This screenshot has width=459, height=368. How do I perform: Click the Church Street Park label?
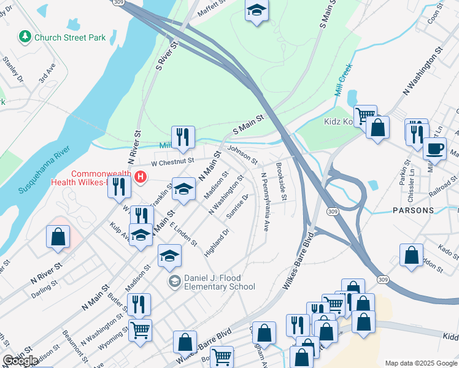pyautogui.click(x=69, y=37)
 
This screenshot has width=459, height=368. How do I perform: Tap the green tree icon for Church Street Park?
pyautogui.click(x=25, y=37)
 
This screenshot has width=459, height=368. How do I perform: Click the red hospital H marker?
pyautogui.click(x=141, y=178)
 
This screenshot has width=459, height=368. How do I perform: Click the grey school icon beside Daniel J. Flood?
pyautogui.click(x=175, y=281)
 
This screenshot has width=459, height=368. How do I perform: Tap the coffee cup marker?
pyautogui.click(x=436, y=148)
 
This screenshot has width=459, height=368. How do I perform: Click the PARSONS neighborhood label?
pyautogui.click(x=412, y=210)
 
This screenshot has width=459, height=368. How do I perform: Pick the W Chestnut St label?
pyautogui.click(x=172, y=162)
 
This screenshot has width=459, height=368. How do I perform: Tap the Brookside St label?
pyautogui.click(x=282, y=181)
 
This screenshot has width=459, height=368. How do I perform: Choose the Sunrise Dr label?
pyautogui.click(x=237, y=207)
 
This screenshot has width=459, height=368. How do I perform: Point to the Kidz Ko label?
pyautogui.click(x=337, y=121)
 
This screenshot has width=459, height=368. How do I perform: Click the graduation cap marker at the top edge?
pyautogui.click(x=256, y=10)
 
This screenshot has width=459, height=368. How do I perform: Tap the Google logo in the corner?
pyautogui.click(x=20, y=361)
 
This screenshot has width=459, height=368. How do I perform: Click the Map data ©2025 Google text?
pyautogui.click(x=420, y=363)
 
